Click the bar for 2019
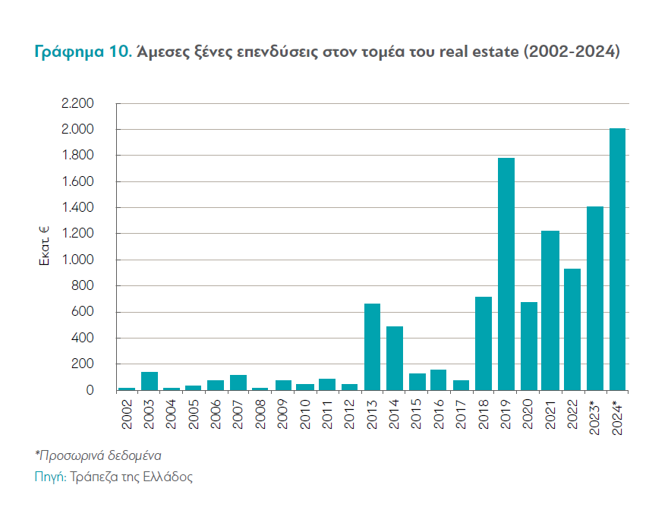click(506, 274)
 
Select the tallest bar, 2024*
click(618, 259)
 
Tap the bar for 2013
click(372, 347)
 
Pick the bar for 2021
click(551, 310)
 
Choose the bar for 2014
click(395, 358)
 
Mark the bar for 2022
click(573, 329)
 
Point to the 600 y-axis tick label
click(82, 312)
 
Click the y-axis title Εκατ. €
click(44, 245)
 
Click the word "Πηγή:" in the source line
click(50, 477)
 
